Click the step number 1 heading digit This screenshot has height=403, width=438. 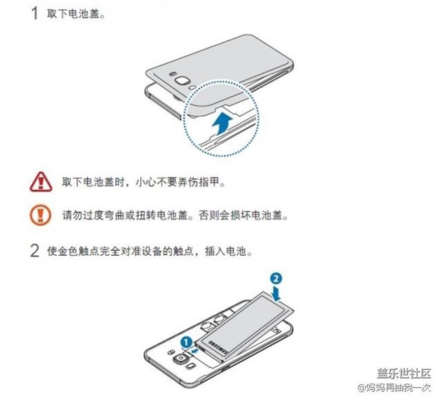tap(33, 14)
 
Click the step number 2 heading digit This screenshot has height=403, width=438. tap(34, 252)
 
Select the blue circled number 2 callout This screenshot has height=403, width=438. tap(275, 277)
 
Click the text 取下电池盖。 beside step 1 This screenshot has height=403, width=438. tap(75, 14)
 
